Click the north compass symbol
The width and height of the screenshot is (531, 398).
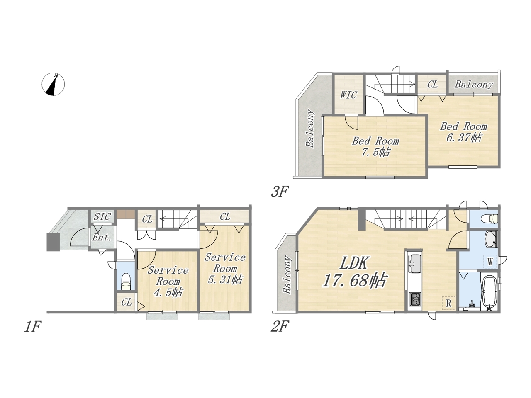click(x=53, y=84)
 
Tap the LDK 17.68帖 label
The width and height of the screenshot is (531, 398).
click(x=354, y=272)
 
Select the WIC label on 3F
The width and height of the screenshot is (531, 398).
click(x=348, y=95)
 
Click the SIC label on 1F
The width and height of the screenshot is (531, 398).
click(x=102, y=216)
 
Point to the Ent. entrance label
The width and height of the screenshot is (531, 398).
click(x=102, y=237)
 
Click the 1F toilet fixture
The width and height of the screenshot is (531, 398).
click(x=126, y=282)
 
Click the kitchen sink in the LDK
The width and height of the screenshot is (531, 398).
click(x=415, y=263)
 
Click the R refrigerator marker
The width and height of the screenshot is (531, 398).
click(x=448, y=303)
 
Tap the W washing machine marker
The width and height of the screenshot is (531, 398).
click(x=490, y=262)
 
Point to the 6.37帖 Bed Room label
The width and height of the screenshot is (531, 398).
click(x=463, y=132)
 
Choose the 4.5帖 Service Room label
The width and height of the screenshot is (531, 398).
click(x=168, y=281)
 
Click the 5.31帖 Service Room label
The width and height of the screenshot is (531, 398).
click(x=225, y=268)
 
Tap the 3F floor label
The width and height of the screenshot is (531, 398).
click(x=280, y=192)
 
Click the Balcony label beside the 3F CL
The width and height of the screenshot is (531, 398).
click(x=474, y=85)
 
